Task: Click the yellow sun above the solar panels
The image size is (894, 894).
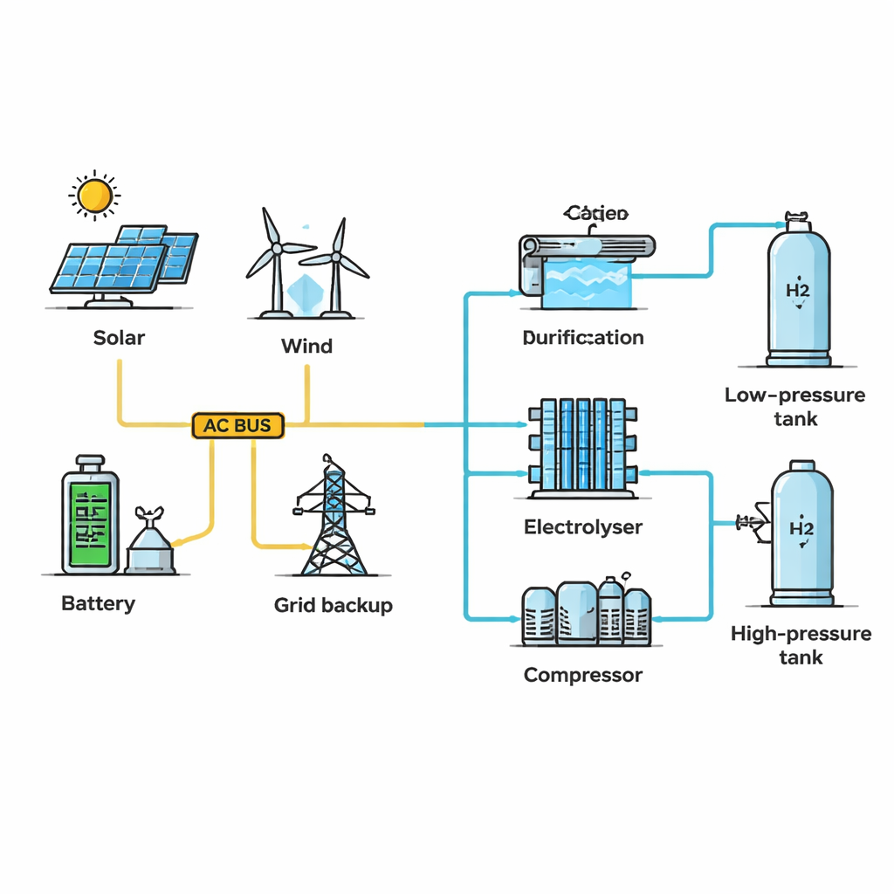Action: point(94,196)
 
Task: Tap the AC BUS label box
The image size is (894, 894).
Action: point(237,426)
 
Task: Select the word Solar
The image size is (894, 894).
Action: point(119,338)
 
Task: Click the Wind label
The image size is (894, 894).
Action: point(306,346)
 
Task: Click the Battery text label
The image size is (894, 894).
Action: point(99,603)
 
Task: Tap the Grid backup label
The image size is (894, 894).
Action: point(334,605)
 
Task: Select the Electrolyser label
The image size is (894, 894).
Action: point(583,527)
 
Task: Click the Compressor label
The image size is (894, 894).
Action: point(583,675)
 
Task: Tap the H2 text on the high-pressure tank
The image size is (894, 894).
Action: point(801,528)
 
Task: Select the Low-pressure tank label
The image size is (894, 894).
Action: point(795,407)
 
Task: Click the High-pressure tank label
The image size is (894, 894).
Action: point(801,645)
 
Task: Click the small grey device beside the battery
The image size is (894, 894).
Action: point(150,546)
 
